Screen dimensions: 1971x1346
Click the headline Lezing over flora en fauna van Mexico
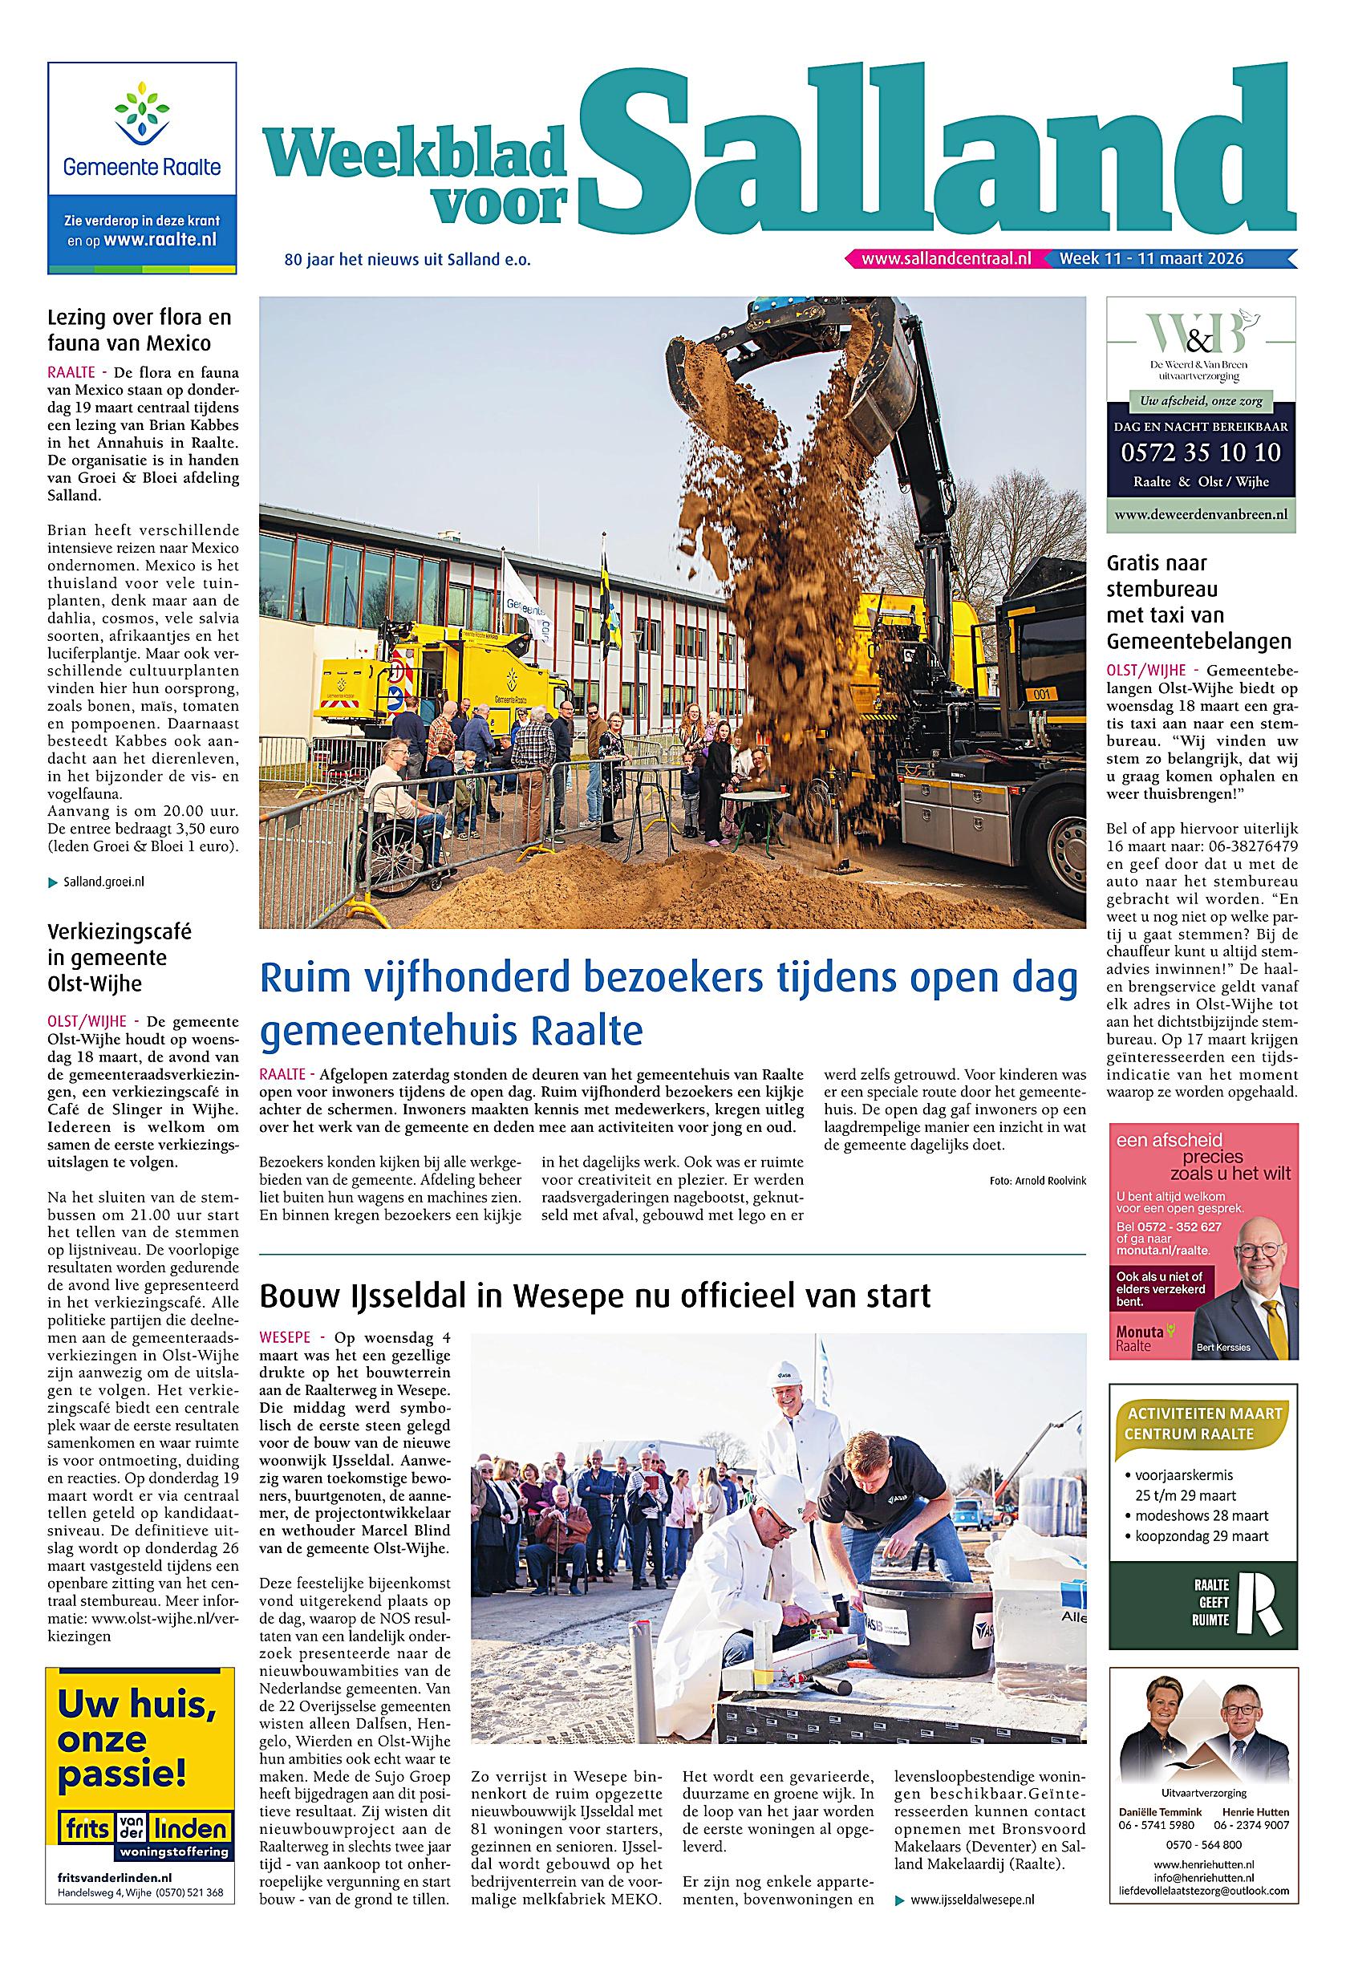[x=139, y=330]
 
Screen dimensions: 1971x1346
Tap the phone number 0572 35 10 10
[x=1201, y=452]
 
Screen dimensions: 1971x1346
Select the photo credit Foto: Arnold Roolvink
[x=1037, y=1180]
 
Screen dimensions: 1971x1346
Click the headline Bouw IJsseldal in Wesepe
[x=594, y=1296]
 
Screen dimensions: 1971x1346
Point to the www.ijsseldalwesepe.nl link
[x=971, y=1941]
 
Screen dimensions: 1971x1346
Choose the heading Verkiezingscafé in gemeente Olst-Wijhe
[x=119, y=958]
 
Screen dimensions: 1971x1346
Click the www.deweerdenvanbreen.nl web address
[x=1200, y=514]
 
